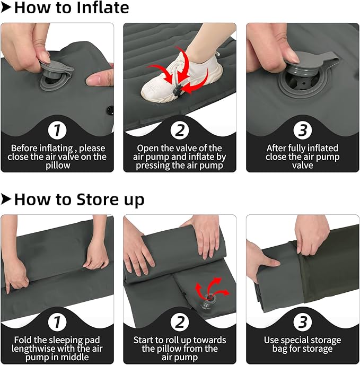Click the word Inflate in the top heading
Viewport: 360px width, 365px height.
[103, 7]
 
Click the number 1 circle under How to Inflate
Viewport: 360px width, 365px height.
[57, 130]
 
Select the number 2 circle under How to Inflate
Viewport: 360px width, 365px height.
[180, 130]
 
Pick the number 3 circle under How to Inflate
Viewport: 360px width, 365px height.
[303, 130]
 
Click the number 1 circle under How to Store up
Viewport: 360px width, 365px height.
[57, 322]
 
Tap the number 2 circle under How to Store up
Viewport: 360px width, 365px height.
[180, 322]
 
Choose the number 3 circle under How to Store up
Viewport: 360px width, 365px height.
[303, 322]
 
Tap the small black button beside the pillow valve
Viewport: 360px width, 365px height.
[110, 110]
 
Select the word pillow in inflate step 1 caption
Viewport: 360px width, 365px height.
[58, 166]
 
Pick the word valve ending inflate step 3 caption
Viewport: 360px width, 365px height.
[303, 166]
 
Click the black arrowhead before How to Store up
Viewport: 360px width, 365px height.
[6, 199]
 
